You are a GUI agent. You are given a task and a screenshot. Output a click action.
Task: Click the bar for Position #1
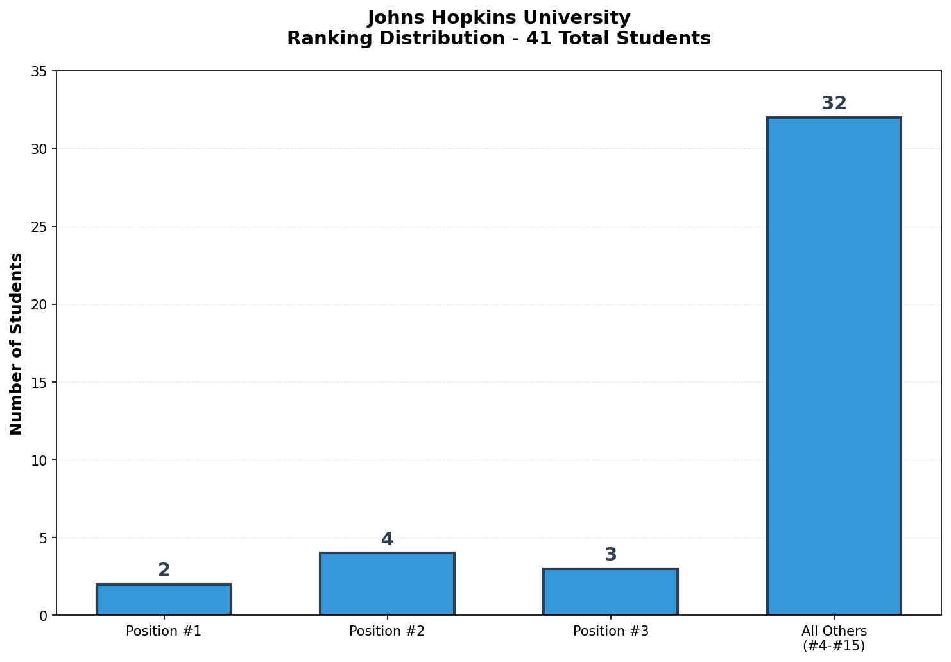point(164,600)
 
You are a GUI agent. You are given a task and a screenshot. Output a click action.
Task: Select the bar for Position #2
point(387,584)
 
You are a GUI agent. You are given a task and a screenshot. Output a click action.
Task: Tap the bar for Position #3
point(610,592)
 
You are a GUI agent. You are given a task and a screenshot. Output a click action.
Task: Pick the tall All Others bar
point(834,366)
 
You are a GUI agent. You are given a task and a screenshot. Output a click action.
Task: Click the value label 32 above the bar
point(834,103)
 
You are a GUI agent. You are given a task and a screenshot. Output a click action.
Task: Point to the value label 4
point(387,539)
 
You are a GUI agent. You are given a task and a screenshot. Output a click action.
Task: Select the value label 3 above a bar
point(610,555)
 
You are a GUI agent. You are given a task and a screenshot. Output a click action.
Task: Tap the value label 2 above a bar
point(164,570)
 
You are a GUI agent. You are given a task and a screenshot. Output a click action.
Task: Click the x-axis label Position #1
point(164,631)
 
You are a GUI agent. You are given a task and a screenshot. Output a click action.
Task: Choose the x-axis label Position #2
point(387,631)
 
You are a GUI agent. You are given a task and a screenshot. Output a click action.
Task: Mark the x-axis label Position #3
point(610,631)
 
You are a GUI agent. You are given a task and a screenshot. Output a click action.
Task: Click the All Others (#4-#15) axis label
point(834,638)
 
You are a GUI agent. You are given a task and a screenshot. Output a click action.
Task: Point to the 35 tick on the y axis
point(39,71)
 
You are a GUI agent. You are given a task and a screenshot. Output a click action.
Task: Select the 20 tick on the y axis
point(39,304)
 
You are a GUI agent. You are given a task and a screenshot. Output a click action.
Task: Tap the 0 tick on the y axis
point(43,616)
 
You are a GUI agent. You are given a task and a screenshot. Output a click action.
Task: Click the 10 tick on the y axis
point(39,460)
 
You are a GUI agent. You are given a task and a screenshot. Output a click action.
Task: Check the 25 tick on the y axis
point(39,227)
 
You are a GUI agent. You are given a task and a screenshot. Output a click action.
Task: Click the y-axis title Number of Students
point(17,344)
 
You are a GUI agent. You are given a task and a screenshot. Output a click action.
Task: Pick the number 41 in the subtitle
point(536,39)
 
